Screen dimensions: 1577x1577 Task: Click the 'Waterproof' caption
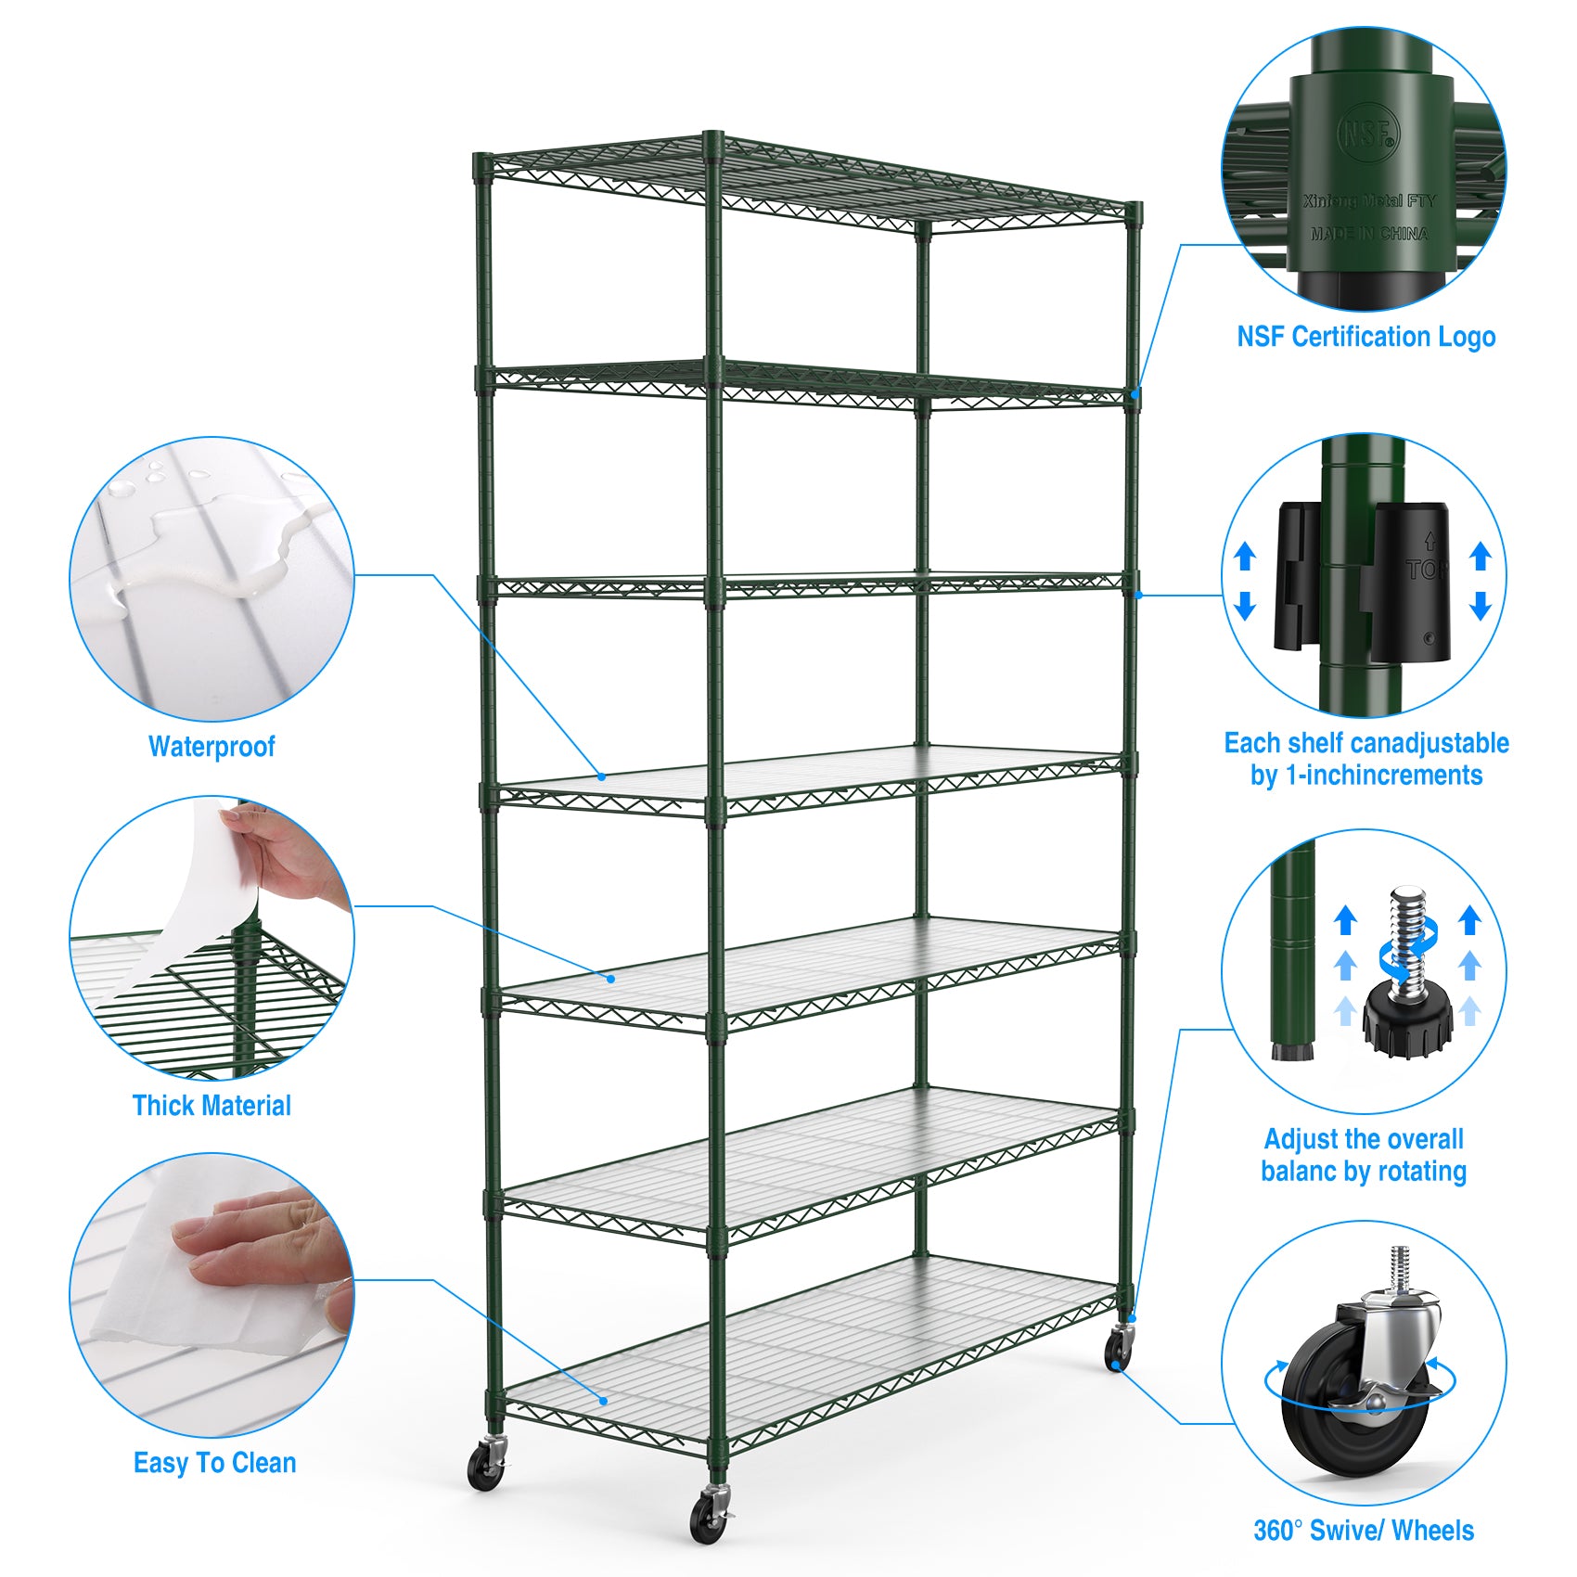[x=212, y=746]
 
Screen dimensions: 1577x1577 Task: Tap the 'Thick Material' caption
[x=212, y=1105]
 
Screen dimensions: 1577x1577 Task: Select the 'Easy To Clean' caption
[x=214, y=1463]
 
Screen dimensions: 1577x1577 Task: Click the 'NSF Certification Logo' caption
[x=1365, y=337]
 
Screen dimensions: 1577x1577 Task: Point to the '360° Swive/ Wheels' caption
[x=1363, y=1530]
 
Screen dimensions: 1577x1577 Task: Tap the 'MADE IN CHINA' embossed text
[x=1369, y=234]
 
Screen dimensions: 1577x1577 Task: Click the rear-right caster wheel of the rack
[x=1119, y=1350]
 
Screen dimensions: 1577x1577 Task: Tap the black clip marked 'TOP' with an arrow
[x=1411, y=580]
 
